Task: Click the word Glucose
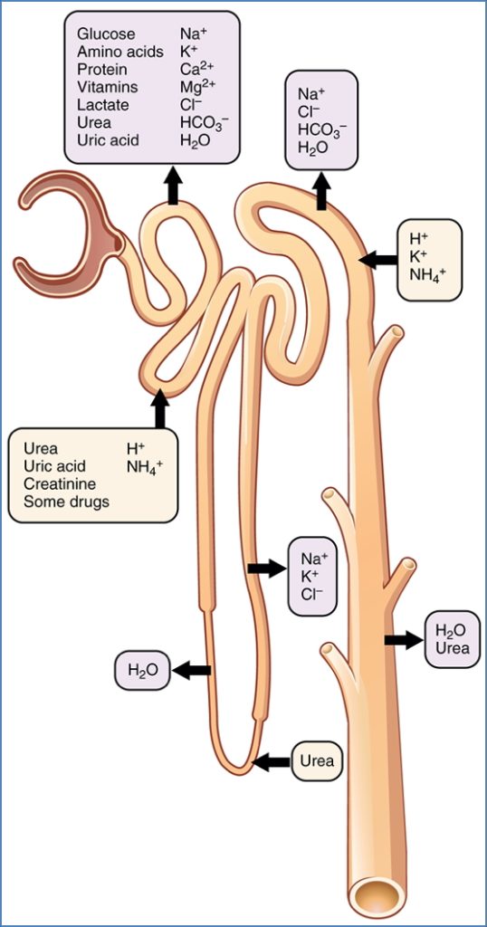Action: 106,34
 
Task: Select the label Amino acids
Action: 120,53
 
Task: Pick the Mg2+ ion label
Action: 196,89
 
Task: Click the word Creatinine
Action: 60,484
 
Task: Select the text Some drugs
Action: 66,502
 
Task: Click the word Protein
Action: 102,71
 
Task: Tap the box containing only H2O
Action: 142,671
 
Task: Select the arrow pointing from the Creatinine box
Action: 160,409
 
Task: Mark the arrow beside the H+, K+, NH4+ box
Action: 377,260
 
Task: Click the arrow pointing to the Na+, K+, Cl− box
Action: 265,568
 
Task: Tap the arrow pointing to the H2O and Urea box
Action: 403,640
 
